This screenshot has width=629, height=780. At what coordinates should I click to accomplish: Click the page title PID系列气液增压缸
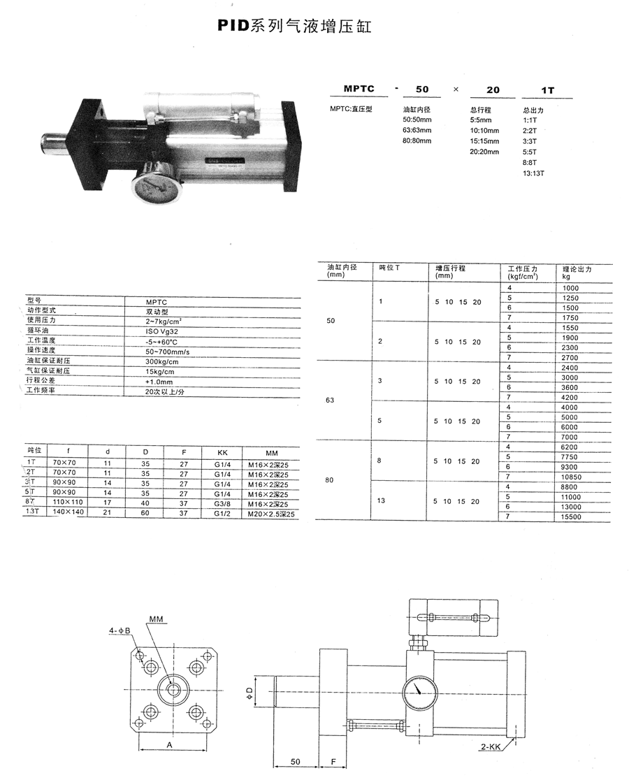tap(294, 25)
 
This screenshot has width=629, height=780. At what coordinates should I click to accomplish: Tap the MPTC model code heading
tap(359, 89)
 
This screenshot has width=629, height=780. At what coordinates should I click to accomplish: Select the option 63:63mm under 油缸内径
tap(417, 130)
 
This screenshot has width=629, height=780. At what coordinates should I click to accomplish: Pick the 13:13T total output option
tap(533, 173)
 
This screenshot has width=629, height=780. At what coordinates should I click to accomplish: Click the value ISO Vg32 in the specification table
tap(161, 331)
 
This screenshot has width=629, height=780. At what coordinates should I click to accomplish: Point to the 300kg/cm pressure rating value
tap(161, 361)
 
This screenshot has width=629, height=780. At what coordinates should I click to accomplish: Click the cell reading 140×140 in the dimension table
tap(68, 512)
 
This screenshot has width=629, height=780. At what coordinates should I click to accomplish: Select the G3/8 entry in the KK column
tap(222, 503)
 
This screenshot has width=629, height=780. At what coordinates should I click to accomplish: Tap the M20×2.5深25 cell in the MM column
tap(271, 514)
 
